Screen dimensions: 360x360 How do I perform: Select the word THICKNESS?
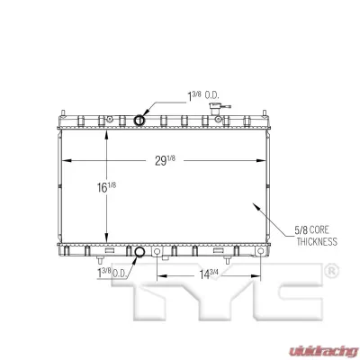pyautogui.click(x=314, y=241)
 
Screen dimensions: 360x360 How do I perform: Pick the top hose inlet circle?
pyautogui.click(x=139, y=120)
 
